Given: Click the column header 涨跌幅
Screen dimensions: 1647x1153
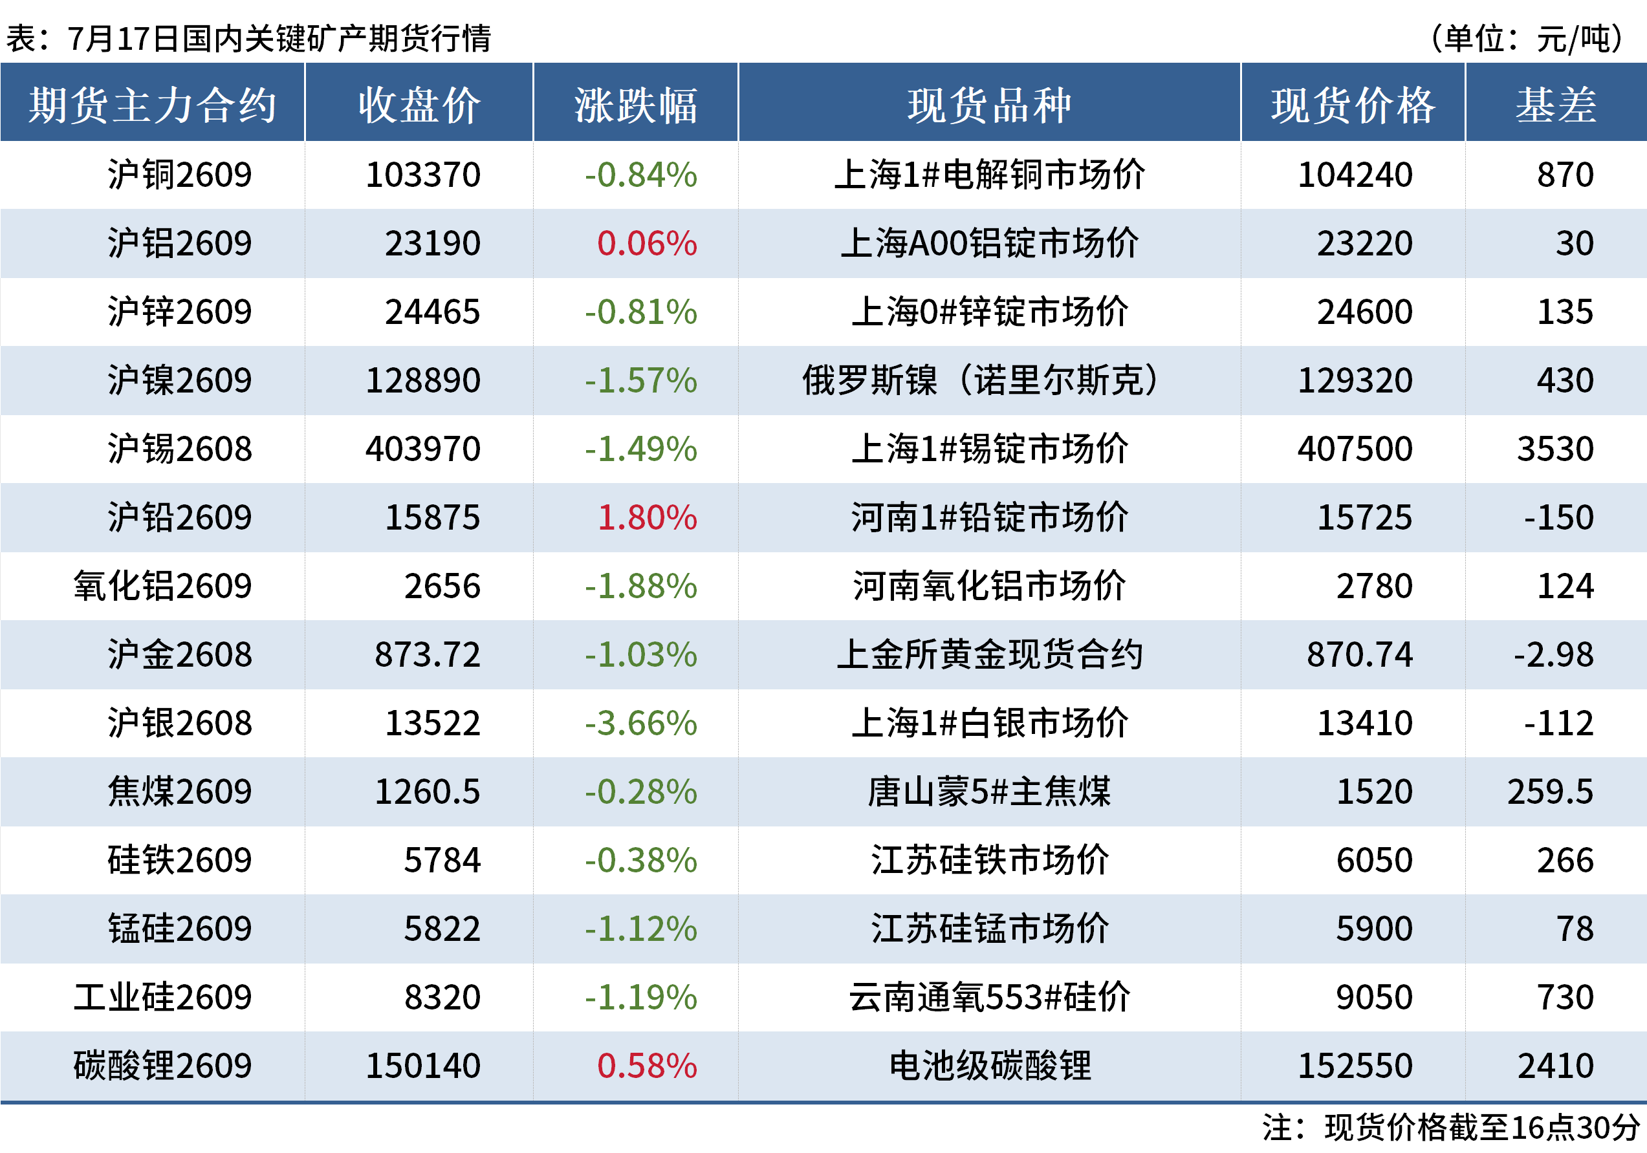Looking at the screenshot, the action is coord(635,105).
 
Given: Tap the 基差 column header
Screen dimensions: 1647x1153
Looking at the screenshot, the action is coord(1556,105).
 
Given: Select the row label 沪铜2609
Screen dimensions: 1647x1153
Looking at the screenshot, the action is coord(180,175).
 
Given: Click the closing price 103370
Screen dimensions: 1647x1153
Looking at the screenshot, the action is coord(422,175).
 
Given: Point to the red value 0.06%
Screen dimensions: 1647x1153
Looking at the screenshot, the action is coord(647,244).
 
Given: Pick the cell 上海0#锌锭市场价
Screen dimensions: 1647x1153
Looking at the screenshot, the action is coord(990,312).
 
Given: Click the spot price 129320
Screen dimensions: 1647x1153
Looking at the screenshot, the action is coord(1355,381).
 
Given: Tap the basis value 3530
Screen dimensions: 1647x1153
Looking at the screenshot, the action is coord(1555,449).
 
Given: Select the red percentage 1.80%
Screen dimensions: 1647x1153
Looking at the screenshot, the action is coord(647,518).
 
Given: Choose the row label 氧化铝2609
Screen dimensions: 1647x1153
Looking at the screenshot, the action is coord(163,587).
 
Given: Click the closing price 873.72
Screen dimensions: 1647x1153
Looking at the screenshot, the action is coord(428,654).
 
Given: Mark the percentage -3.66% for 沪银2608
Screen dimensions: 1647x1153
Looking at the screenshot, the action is coord(640,724).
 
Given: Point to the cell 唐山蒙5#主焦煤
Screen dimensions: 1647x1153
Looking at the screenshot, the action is coord(990,792).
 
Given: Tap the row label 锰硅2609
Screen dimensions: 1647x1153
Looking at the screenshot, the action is coord(180,929).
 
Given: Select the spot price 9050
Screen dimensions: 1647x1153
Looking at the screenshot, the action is coord(1375,997).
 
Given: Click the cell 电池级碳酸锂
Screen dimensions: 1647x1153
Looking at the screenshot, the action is coord(990,1066).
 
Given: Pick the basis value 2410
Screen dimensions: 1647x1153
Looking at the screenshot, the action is coord(1556,1066).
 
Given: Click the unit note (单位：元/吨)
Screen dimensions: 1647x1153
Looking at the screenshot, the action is coord(1527,39).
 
